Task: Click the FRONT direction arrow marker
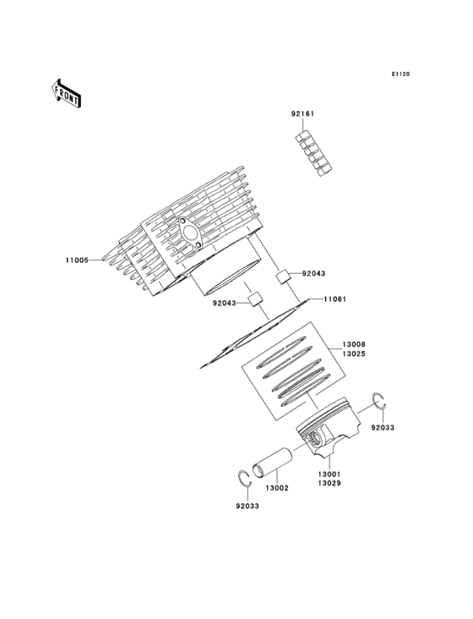pos(67,92)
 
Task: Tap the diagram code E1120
pos(400,74)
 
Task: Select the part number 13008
pos(353,345)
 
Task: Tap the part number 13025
pos(353,355)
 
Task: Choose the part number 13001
pos(329,474)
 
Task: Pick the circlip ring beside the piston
pos(380,402)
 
